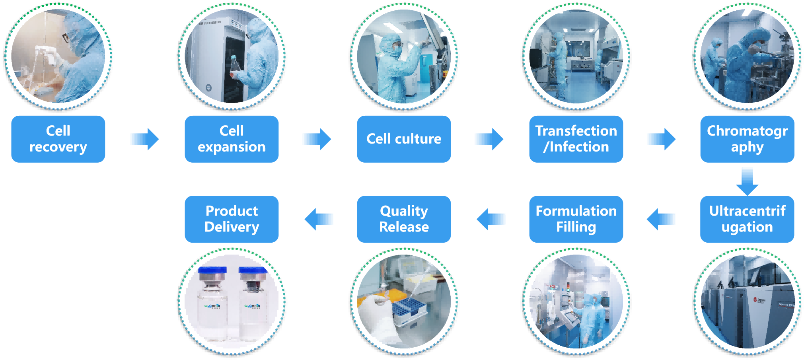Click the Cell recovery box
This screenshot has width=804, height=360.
[58, 139]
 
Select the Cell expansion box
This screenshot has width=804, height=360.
[232, 139]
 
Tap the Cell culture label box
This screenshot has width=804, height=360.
[404, 139]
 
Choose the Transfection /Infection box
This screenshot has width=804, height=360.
[576, 139]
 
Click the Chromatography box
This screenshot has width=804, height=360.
[747, 139]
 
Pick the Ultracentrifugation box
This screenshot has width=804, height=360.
[747, 219]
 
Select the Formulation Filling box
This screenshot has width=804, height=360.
[576, 219]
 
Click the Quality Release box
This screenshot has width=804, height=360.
[404, 219]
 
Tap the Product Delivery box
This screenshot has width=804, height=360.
[232, 219]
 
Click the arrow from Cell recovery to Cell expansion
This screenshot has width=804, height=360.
[144, 139]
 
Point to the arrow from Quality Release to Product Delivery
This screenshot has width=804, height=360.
[319, 219]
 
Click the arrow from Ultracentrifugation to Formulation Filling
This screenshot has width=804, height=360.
[661, 219]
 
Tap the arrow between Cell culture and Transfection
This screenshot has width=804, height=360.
[489, 139]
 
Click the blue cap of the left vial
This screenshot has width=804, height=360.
[212, 270]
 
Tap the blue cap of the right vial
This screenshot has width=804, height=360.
[253, 271]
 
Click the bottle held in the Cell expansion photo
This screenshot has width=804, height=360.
[234, 66]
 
